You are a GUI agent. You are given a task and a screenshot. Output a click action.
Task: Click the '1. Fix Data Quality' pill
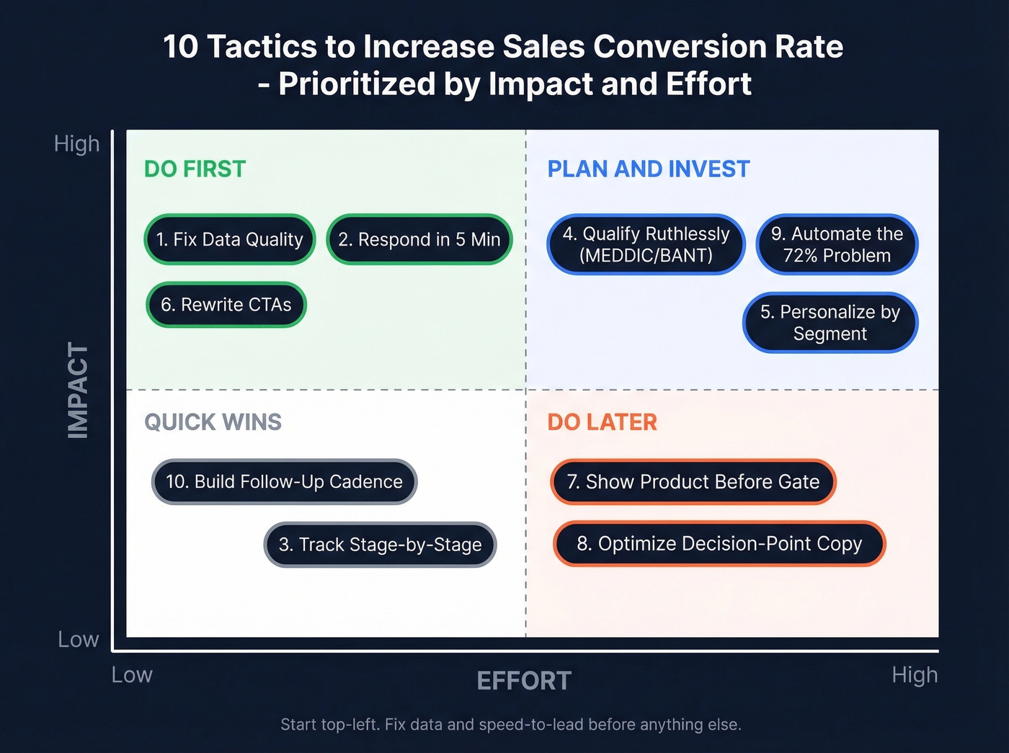[230, 239]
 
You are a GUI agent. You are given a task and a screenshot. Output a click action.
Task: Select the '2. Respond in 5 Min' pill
[419, 239]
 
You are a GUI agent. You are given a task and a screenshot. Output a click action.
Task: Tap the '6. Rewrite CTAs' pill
[226, 305]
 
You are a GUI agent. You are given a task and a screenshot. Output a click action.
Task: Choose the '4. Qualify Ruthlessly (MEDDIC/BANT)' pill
[646, 244]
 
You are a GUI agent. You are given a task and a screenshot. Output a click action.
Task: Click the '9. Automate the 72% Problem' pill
[837, 244]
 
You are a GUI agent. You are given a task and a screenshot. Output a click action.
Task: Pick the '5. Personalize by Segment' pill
[830, 322]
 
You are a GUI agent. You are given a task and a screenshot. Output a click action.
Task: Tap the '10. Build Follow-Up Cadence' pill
[284, 481]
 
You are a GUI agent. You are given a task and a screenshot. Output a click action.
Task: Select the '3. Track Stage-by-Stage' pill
[380, 545]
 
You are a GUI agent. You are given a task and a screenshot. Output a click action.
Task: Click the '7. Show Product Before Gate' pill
[693, 481]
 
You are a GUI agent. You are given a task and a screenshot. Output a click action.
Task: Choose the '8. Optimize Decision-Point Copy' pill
[719, 543]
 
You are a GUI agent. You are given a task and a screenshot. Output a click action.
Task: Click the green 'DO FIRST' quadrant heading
[195, 169]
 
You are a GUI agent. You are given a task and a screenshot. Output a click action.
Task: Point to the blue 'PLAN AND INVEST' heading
[648, 169]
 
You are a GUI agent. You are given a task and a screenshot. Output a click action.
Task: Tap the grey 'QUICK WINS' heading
[213, 422]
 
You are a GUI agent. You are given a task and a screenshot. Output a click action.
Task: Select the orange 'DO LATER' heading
[602, 422]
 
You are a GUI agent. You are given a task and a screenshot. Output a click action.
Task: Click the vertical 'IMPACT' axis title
[78, 390]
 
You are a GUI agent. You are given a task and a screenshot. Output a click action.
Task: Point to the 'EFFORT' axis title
[524, 680]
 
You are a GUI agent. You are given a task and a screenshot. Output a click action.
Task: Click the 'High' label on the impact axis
[76, 143]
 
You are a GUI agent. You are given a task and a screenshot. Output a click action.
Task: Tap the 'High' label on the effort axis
[915, 674]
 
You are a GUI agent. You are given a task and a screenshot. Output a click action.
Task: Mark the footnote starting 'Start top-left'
[510, 724]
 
